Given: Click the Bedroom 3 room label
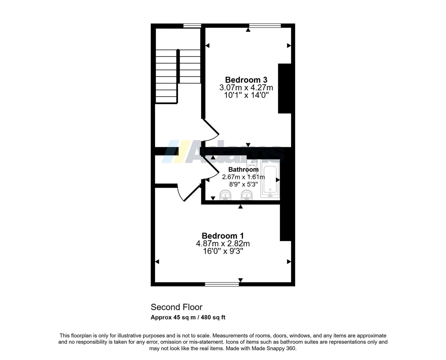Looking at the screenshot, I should click(x=246, y=80).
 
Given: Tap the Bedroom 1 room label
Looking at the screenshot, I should click(x=223, y=236).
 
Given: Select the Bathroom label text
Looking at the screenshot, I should click(x=243, y=169).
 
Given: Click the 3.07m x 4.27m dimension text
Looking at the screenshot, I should click(x=246, y=88).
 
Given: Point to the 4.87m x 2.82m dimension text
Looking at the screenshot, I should click(x=223, y=244).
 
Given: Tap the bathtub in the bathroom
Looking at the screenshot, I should click(x=270, y=179).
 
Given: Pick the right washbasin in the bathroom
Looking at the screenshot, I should click(x=246, y=195).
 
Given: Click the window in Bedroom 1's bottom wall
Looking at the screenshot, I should click(x=222, y=284).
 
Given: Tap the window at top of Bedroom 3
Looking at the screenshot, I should click(x=265, y=26).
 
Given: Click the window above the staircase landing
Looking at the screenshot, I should click(x=192, y=26).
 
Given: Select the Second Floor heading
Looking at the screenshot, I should click(x=176, y=307).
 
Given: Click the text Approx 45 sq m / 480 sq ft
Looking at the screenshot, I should click(x=188, y=317).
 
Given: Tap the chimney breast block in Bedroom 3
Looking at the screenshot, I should click(x=285, y=88).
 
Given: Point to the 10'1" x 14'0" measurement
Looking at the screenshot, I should click(x=246, y=95).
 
